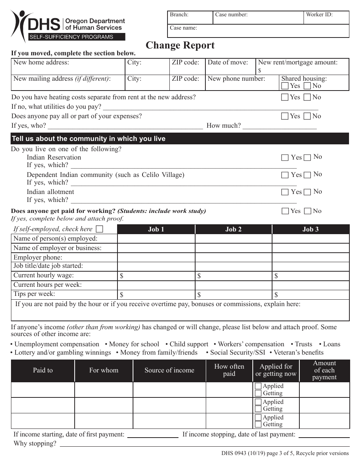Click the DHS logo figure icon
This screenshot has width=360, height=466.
pos(19,25)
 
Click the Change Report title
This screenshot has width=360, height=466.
pos(180,45)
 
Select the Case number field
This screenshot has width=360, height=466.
pos(258,18)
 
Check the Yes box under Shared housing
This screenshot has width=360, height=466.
pos(285,86)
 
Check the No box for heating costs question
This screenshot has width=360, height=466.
pos(307,97)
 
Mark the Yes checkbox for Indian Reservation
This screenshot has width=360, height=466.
pos(285,158)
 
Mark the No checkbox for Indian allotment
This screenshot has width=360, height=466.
pos(307,192)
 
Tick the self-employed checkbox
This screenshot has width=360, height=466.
pos(99,229)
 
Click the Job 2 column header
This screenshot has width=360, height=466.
pos(233,229)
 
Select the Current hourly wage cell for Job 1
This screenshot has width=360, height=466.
pos(156,276)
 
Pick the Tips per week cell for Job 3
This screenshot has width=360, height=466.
pos(311,294)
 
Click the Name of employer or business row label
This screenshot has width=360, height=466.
pos(58,248)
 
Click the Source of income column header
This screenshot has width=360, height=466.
pos(169,371)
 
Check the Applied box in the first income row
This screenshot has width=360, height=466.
pos(258,386)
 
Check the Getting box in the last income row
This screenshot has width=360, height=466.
pos(258,425)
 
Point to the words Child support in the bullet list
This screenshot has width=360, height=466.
pos(189,344)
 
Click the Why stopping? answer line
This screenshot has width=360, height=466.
pos(205,444)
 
